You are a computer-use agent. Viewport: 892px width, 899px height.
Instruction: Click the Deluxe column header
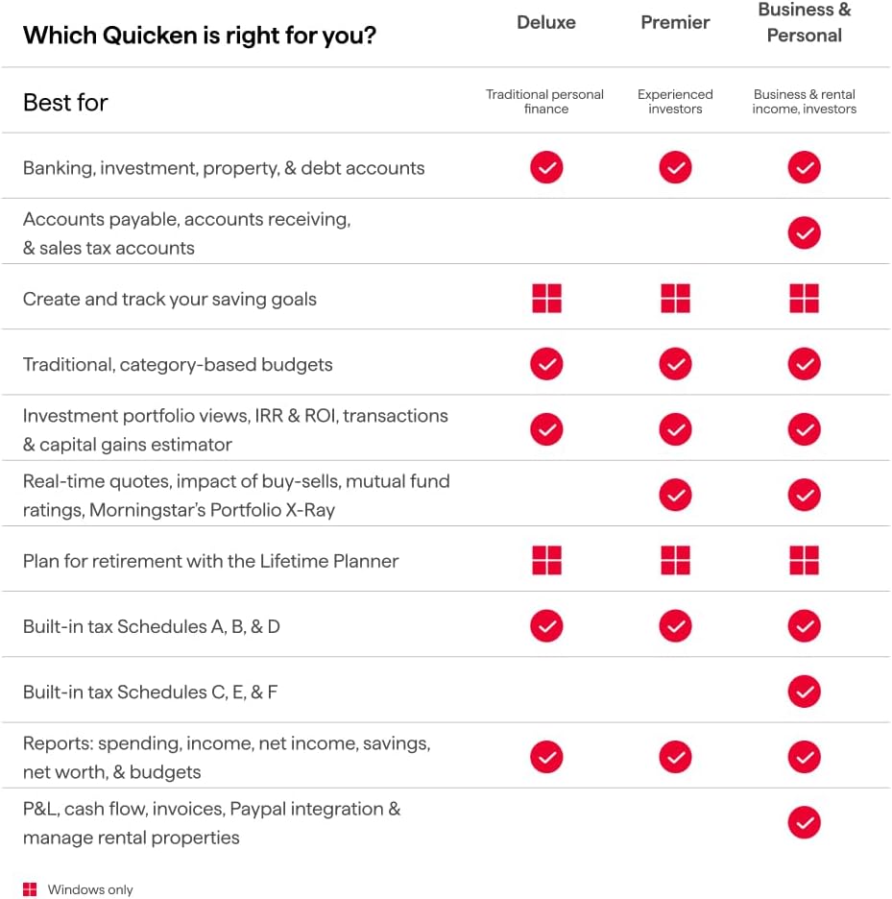(546, 22)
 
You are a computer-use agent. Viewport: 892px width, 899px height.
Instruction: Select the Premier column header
(675, 22)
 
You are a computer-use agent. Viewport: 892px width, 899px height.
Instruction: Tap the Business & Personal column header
(805, 23)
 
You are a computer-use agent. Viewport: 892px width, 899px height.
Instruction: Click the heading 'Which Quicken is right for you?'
(200, 36)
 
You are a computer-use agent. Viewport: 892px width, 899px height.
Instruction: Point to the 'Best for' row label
(65, 102)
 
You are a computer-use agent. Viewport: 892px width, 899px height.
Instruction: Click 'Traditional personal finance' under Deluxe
(545, 102)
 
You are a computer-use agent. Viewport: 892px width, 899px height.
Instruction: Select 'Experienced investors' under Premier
(675, 102)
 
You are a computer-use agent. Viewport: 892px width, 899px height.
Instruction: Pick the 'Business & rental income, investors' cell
(805, 102)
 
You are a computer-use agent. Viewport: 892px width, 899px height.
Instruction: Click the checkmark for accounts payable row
(805, 232)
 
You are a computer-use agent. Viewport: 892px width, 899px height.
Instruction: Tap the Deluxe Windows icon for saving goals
(546, 299)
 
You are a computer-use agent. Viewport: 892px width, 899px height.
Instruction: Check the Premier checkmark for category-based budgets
(675, 364)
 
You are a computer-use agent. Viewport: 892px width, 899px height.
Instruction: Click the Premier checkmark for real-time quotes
(675, 495)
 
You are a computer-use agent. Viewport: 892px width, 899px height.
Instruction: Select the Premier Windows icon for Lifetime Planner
(675, 560)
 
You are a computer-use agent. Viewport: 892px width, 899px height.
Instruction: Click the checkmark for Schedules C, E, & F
(805, 692)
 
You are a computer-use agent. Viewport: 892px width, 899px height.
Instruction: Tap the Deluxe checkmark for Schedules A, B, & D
(546, 626)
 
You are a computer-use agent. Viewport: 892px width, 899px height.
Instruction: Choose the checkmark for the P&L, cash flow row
(805, 822)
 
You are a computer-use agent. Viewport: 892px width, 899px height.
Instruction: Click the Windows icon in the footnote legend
(30, 889)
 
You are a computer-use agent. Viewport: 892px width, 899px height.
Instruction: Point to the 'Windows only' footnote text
(90, 890)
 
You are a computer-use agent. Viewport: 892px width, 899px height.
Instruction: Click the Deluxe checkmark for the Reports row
(546, 757)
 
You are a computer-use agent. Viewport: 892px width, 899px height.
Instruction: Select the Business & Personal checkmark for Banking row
(805, 168)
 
